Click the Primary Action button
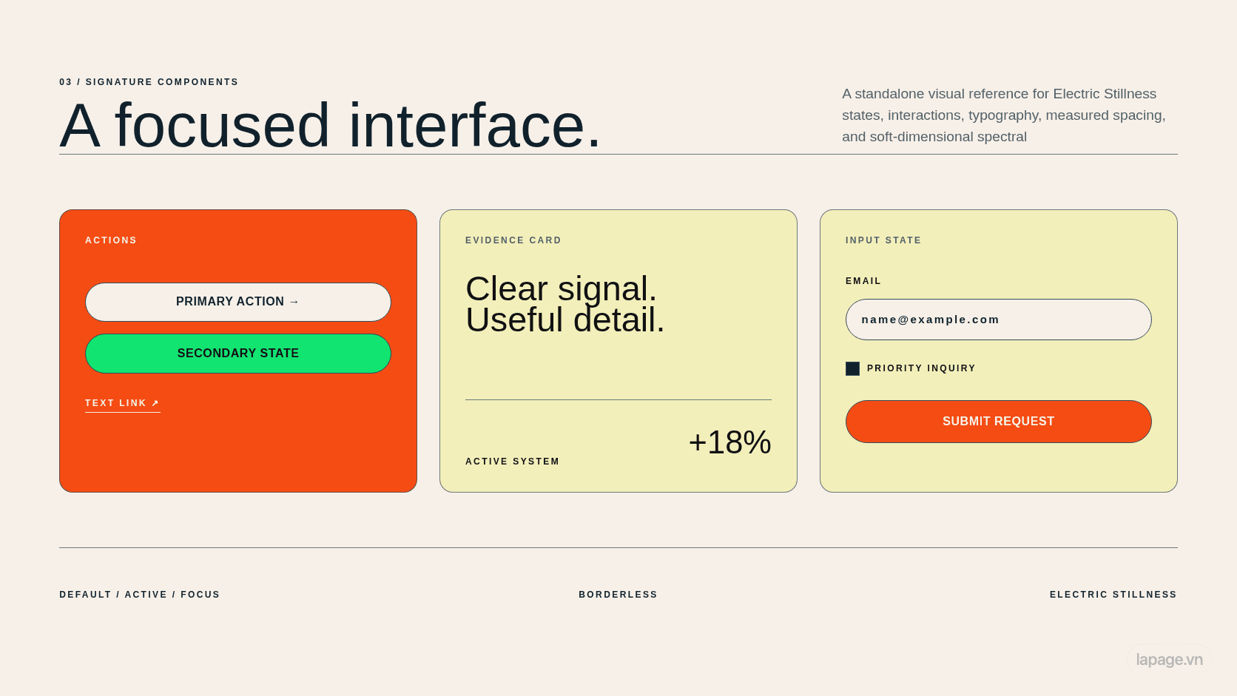pyautogui.click(x=238, y=302)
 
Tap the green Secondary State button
pyautogui.click(x=238, y=354)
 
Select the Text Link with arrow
pyautogui.click(x=123, y=403)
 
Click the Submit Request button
pyautogui.click(x=999, y=422)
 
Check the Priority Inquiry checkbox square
pyautogui.click(x=852, y=368)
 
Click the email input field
pyautogui.click(x=999, y=320)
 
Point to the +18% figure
pyautogui.click(x=729, y=442)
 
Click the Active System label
pyautogui.click(x=513, y=462)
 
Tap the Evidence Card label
pyautogui.click(x=513, y=240)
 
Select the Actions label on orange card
pyautogui.click(x=111, y=240)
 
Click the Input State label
pyautogui.click(x=883, y=240)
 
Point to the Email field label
pyautogui.click(x=863, y=281)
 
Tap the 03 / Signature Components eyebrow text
pyautogui.click(x=149, y=81)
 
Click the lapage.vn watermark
pyautogui.click(x=1169, y=659)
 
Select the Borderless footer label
pyautogui.click(x=618, y=595)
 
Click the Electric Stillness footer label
pyautogui.click(x=1113, y=595)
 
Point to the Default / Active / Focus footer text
pyautogui.click(x=140, y=595)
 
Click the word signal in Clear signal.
pyautogui.click(x=607, y=290)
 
